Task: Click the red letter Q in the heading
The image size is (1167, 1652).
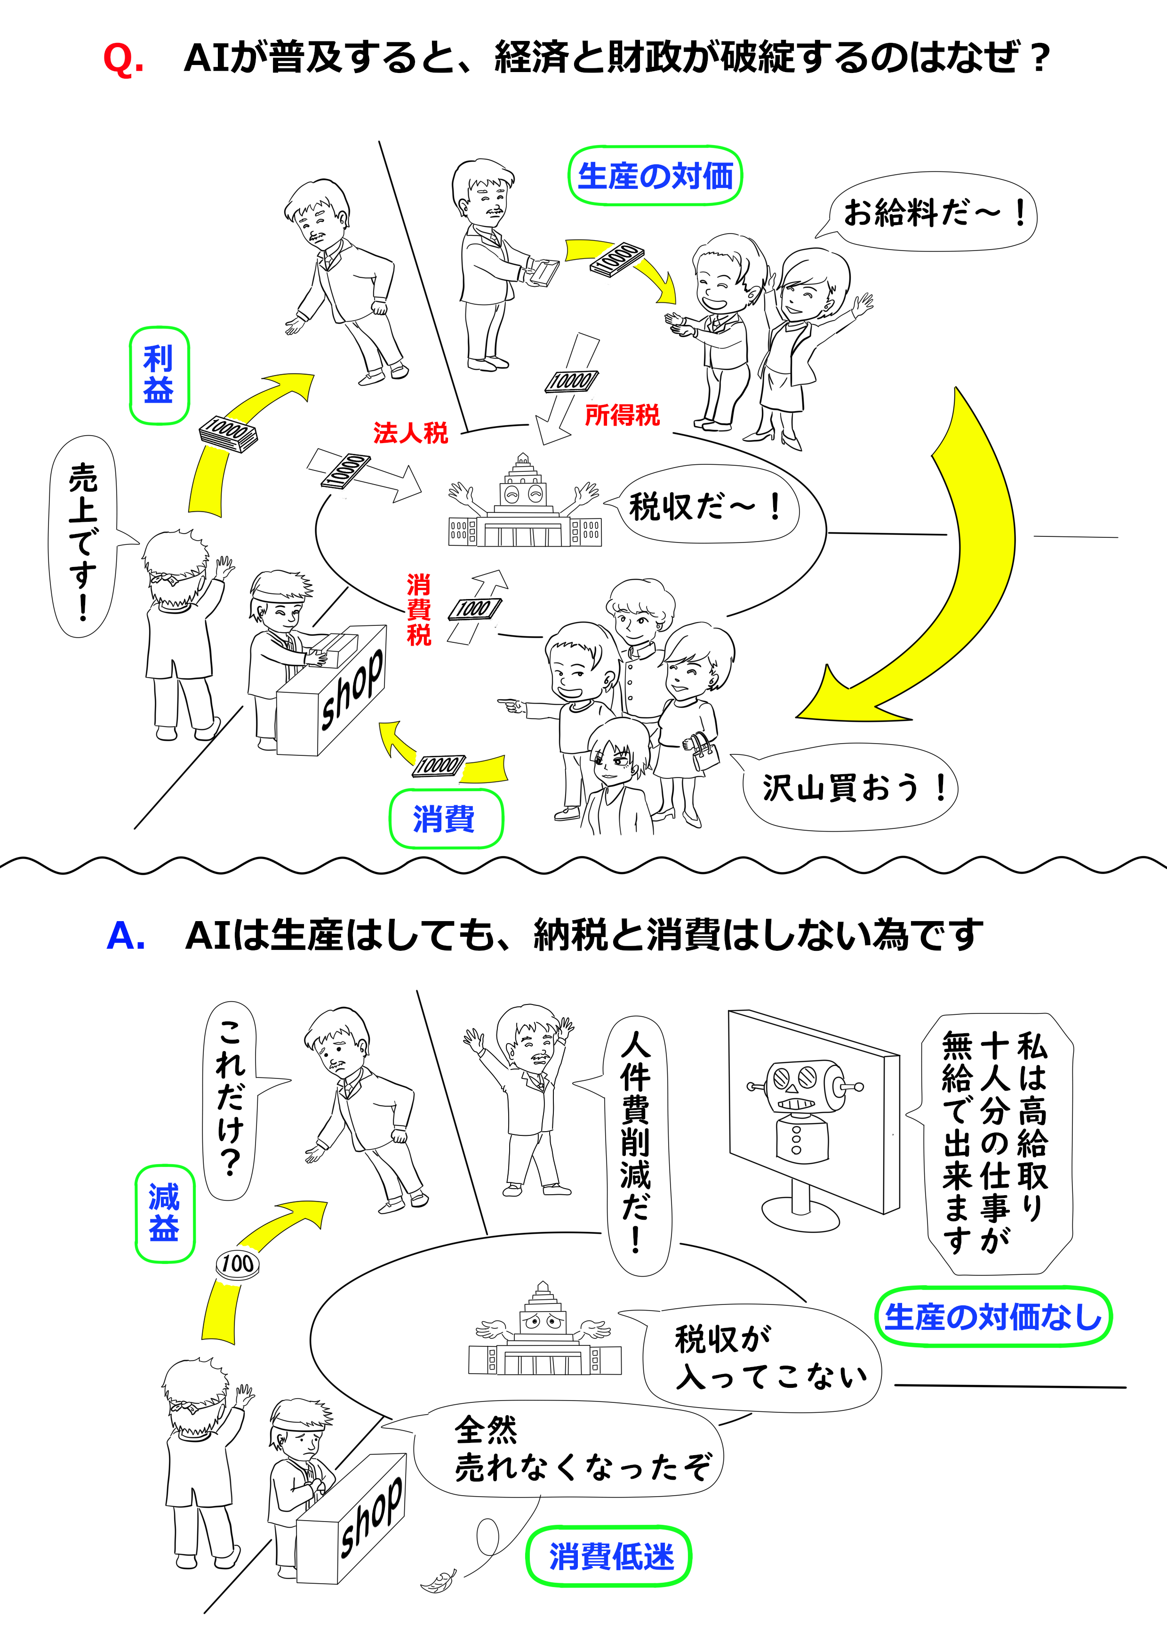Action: tap(123, 59)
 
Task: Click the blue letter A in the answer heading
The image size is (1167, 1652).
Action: tap(126, 935)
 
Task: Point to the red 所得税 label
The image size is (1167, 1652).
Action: tap(622, 415)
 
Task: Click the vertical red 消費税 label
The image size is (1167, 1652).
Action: tap(419, 610)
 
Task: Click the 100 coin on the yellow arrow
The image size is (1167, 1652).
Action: tap(237, 1263)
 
